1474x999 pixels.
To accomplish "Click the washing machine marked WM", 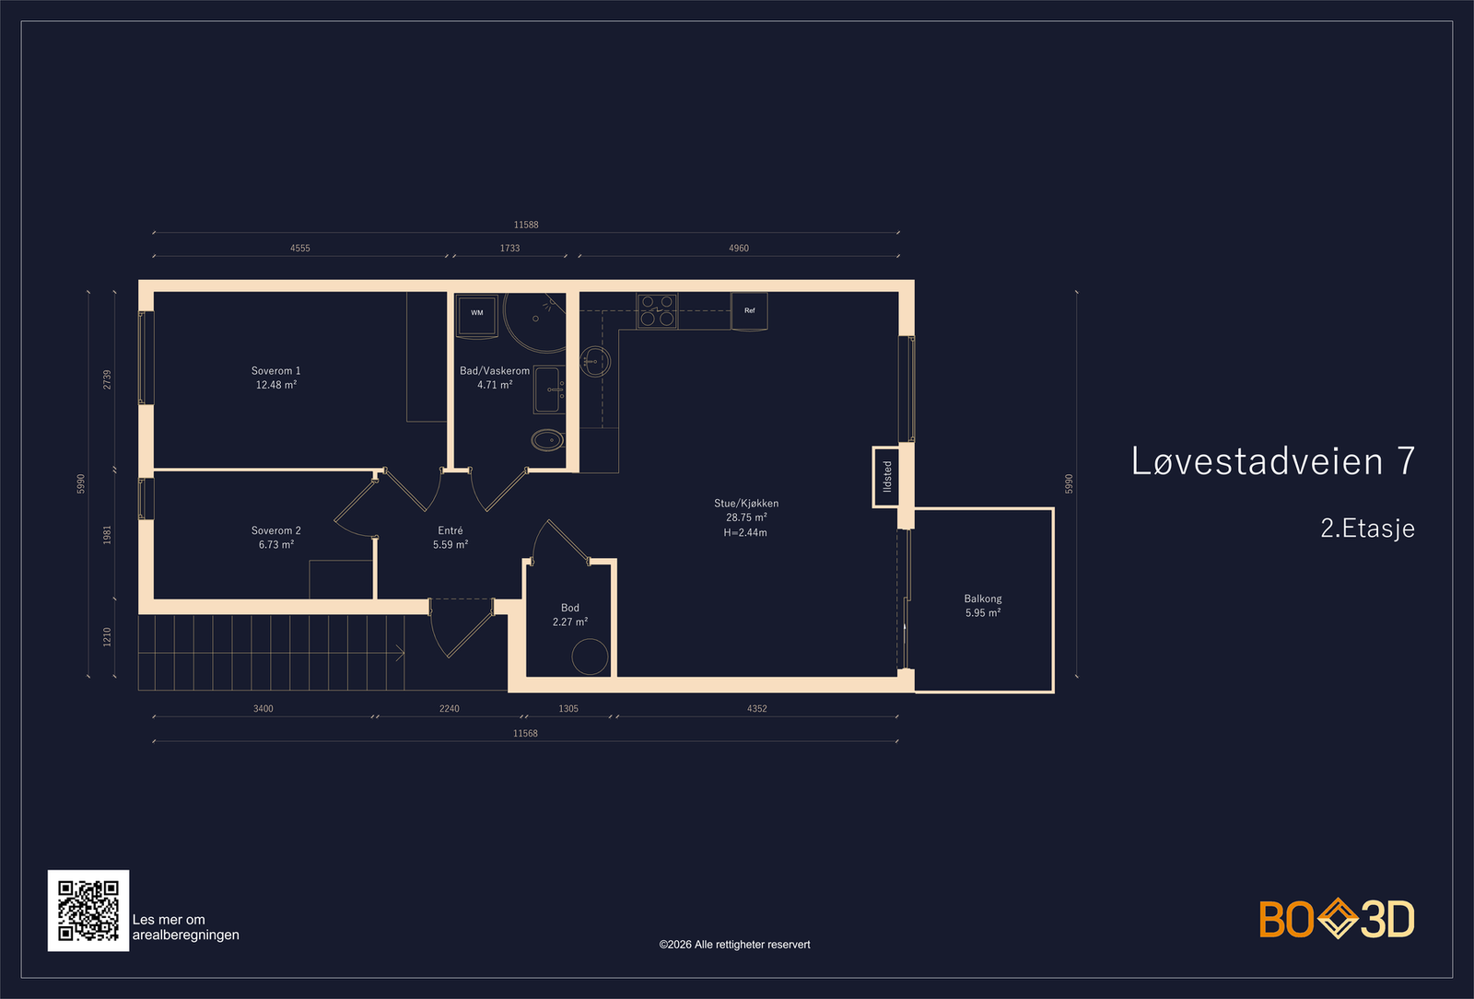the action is click(x=477, y=315).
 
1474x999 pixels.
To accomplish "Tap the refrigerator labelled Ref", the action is click(x=749, y=311).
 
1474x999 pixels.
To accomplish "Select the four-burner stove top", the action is click(x=657, y=311).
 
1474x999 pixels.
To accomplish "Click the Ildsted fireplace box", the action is click(x=885, y=477).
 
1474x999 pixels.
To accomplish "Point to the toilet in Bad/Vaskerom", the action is click(x=547, y=440).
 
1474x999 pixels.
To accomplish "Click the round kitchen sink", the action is click(x=595, y=362).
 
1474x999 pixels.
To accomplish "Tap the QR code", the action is click(x=88, y=911).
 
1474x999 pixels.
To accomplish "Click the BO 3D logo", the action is click(x=1337, y=918).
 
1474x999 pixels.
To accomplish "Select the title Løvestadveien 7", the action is click(x=1272, y=461).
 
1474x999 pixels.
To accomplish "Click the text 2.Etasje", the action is click(x=1367, y=529).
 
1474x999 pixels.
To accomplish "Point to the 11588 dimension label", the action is click(x=526, y=225).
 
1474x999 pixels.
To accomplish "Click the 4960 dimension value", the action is click(x=738, y=248).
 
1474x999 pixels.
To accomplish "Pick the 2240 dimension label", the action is click(x=450, y=708).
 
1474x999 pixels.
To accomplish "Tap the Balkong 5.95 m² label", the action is click(x=983, y=606).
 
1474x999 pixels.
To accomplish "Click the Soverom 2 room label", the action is click(x=275, y=530).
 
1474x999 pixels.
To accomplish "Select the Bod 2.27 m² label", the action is click(x=570, y=615).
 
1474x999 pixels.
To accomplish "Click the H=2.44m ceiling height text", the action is click(x=745, y=533).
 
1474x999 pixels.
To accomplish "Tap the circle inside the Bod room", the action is click(x=591, y=656).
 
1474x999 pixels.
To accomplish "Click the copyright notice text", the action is click(x=734, y=945).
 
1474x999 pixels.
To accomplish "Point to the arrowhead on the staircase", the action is click(x=400, y=653).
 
